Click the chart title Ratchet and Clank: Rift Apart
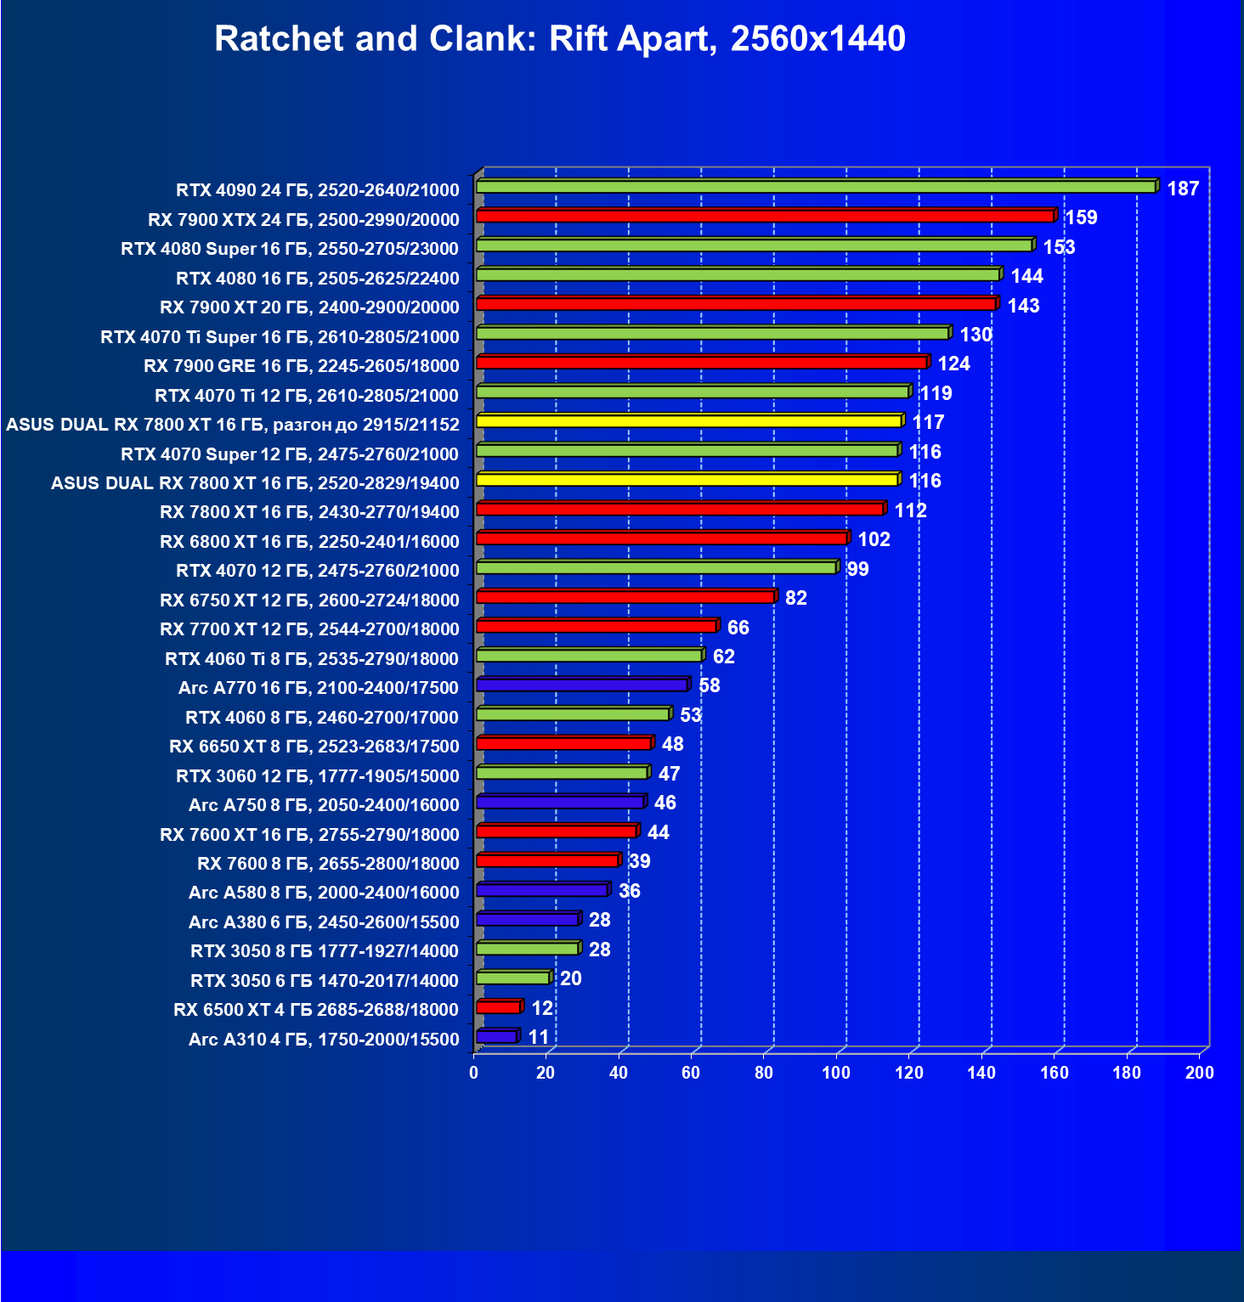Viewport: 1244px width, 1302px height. coord(559,39)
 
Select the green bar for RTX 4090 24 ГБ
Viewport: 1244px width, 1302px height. coord(816,187)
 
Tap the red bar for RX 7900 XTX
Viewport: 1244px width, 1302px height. coord(765,217)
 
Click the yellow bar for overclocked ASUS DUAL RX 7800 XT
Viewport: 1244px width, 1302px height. coord(688,421)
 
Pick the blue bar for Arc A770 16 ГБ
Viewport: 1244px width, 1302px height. coord(582,685)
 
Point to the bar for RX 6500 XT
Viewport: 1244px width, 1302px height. coord(499,1007)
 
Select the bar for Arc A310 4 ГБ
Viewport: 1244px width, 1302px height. coord(497,1037)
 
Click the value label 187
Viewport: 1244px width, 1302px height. coord(1183,189)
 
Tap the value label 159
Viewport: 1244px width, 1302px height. coord(1081,217)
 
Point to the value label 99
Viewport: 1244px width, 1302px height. coord(858,569)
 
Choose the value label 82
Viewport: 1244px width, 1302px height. coord(796,598)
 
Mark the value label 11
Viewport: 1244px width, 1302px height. coord(539,1037)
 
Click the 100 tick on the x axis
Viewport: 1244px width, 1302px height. coord(836,1073)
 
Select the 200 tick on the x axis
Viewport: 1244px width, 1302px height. coord(1199,1073)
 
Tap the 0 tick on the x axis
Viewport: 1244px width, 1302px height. coord(474,1073)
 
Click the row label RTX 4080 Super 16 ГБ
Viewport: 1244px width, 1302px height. coord(290,249)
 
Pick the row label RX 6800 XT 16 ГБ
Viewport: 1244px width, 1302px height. coord(309,542)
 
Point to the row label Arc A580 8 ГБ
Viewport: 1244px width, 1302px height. coord(324,893)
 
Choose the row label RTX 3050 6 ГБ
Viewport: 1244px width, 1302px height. coord(325,981)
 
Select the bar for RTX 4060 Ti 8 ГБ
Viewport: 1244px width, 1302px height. coord(589,656)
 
